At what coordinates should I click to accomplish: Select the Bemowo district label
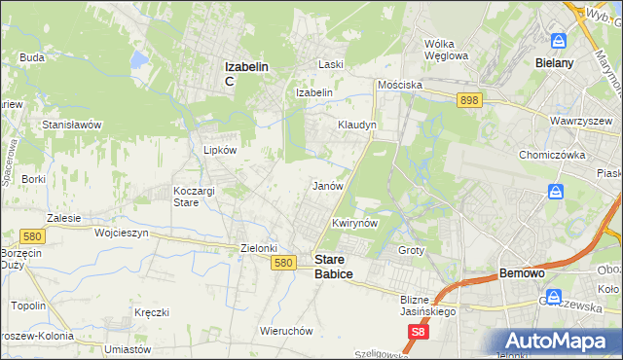pyautogui.click(x=526, y=274)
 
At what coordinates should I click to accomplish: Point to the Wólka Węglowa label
pyautogui.click(x=447, y=49)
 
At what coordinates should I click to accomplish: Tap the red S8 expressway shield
pyautogui.click(x=418, y=333)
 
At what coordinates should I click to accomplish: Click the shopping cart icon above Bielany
pyautogui.click(x=559, y=41)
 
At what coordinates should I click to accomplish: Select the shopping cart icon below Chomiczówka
pyautogui.click(x=555, y=192)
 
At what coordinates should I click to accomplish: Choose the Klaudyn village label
pyautogui.click(x=357, y=126)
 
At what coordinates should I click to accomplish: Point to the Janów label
pyautogui.click(x=325, y=185)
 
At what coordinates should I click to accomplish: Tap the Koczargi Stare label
pyautogui.click(x=193, y=196)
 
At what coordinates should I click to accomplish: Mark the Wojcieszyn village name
pyautogui.click(x=121, y=234)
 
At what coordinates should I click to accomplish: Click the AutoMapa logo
pyautogui.click(x=558, y=340)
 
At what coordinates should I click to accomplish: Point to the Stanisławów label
pyautogui.click(x=72, y=125)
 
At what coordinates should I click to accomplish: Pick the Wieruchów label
pyautogui.click(x=286, y=331)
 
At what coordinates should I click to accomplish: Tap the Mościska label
pyautogui.click(x=400, y=85)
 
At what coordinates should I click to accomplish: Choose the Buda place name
pyautogui.click(x=32, y=57)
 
